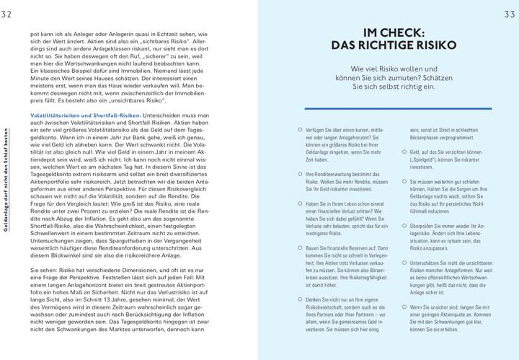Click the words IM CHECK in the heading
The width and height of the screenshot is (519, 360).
tap(393, 32)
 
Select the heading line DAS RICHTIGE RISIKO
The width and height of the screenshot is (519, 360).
tap(393, 45)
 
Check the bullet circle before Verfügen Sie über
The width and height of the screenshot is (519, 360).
tap(300, 130)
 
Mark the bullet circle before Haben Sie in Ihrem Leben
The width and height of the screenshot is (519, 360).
tap(300, 206)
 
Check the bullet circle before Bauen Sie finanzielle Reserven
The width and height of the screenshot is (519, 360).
tap(300, 247)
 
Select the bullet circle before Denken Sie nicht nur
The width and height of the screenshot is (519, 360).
tap(300, 299)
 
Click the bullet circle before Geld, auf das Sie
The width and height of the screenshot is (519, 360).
tap(404, 153)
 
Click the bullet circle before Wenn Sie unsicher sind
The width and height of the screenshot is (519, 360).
tap(404, 307)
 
